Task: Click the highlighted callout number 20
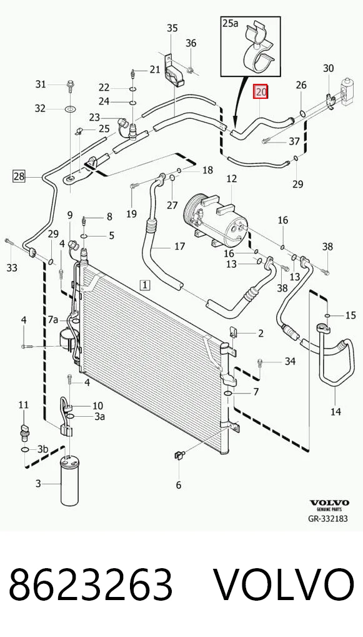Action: coord(261,92)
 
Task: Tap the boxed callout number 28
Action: coord(19,176)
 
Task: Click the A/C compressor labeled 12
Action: coord(215,220)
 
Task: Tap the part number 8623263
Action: coord(91,586)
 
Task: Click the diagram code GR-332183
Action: coord(328,519)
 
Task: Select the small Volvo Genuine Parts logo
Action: coord(329,505)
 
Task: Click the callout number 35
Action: coord(172,28)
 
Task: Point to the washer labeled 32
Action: coord(69,109)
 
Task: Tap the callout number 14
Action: coord(336,412)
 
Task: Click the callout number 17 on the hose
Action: coord(179,246)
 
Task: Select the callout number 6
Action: coord(179,484)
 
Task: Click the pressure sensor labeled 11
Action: coord(24,431)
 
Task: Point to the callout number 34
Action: coord(290,361)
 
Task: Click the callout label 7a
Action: coord(53,320)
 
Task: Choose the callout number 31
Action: coord(40,84)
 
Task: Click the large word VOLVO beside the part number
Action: coord(284,586)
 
